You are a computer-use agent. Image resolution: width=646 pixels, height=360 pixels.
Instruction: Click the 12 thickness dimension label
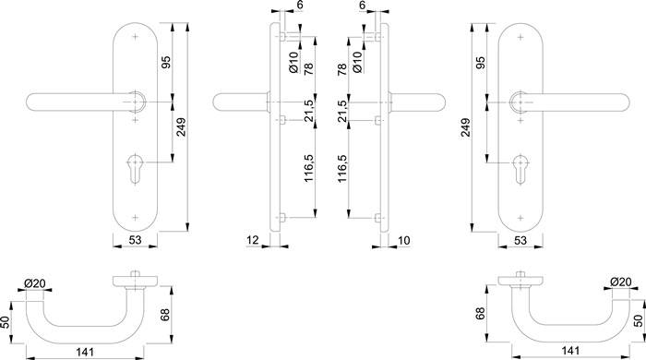coord(253,239)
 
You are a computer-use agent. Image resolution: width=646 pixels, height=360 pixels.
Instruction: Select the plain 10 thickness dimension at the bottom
coord(404,240)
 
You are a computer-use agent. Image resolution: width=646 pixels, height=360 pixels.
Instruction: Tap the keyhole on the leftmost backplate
coord(135,169)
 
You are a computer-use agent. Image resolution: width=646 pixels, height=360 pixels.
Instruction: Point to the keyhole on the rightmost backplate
coord(520,169)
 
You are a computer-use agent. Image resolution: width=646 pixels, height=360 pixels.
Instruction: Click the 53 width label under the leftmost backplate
coord(135,240)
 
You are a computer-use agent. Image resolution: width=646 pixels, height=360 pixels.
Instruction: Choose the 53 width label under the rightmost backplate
coord(520,240)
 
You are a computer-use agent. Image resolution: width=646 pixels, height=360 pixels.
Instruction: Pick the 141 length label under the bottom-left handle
coord(85,353)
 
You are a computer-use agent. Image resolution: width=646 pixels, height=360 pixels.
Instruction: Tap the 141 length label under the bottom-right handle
coord(570,351)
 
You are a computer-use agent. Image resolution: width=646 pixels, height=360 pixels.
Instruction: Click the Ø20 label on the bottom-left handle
coord(35,283)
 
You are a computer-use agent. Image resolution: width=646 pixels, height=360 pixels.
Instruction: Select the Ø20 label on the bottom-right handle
coord(620,282)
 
